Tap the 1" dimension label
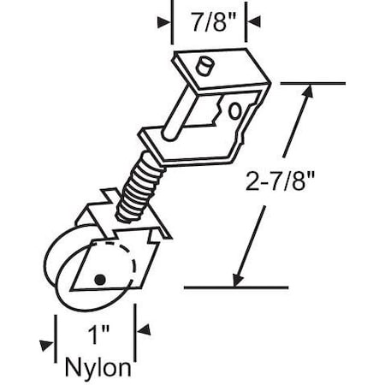pos(98,330)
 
